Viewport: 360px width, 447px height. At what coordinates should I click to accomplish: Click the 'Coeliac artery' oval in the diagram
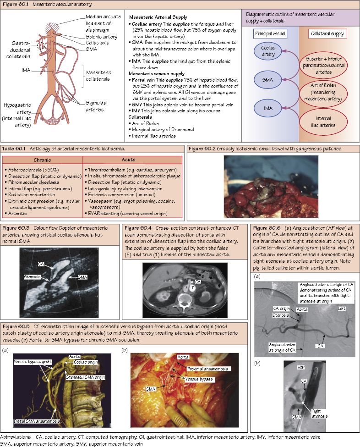click(268, 51)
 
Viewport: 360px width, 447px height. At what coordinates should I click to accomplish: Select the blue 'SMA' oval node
click(268, 80)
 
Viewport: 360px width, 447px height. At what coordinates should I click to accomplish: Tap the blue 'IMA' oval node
click(268, 108)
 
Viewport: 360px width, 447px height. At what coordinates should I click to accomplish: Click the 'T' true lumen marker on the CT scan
click(193, 289)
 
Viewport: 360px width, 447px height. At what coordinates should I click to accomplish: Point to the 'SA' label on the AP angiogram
click(320, 345)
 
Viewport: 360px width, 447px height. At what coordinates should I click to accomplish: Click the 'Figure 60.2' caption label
click(204, 149)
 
